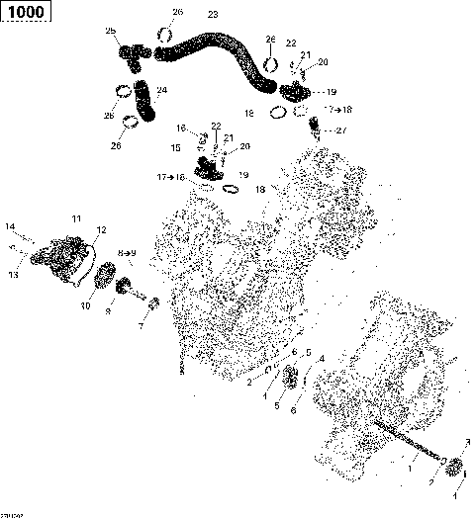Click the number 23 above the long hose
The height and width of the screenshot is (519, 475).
[x=212, y=15]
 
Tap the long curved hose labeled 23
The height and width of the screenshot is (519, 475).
[x=213, y=46]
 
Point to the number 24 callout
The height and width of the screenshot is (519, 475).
[x=162, y=91]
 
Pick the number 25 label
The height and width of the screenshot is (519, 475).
[x=111, y=32]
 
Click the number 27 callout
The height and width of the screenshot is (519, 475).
[x=341, y=130]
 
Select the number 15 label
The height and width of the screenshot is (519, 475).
[x=174, y=148]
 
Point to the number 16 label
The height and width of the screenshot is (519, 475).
[x=182, y=128]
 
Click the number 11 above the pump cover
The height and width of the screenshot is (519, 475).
[x=75, y=217]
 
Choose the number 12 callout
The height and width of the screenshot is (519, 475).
[x=99, y=230]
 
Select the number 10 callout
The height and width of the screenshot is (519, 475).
[x=85, y=305]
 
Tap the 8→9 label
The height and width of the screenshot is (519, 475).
[x=128, y=254]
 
